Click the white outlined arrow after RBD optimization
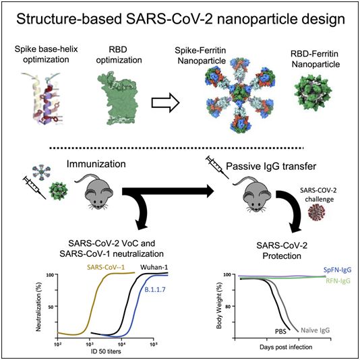click(x=165, y=102)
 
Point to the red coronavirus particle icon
click(x=317, y=212)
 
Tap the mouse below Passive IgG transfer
click(x=253, y=193)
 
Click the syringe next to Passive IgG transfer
click(x=217, y=167)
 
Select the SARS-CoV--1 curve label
click(x=106, y=267)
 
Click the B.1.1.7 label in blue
click(x=155, y=289)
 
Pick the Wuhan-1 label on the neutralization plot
click(x=154, y=267)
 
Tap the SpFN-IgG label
click(x=337, y=270)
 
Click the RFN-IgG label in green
click(x=338, y=280)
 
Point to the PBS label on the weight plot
click(x=280, y=332)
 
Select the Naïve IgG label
click(x=315, y=330)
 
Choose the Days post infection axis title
click(x=286, y=347)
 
